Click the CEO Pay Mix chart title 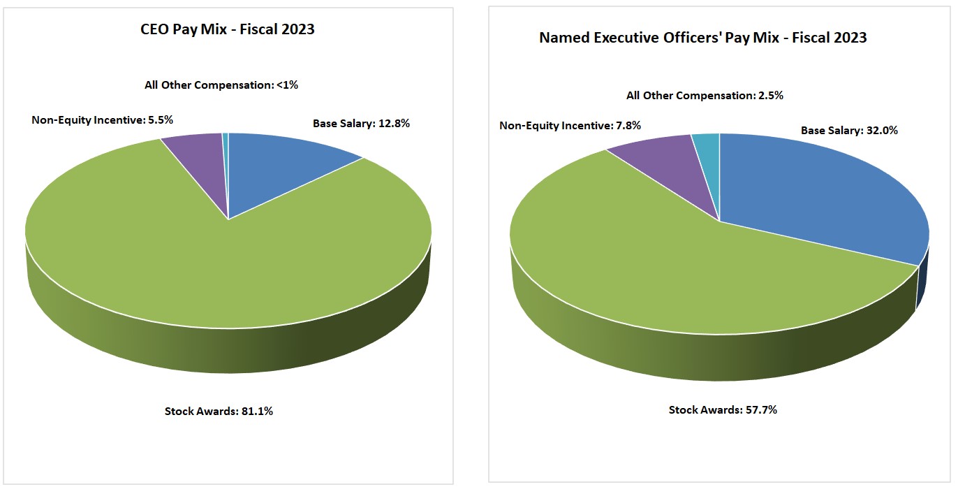(x=228, y=29)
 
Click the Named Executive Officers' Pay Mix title (x=702, y=38)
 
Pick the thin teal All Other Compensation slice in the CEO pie (x=226, y=161)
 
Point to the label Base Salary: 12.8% (x=361, y=124)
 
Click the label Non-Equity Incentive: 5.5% (x=102, y=119)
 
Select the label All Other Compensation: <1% (x=221, y=85)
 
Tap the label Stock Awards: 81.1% (x=219, y=411)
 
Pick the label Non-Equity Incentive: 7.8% (x=570, y=126)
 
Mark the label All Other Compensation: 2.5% (x=705, y=95)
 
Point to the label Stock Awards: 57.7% (x=723, y=409)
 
